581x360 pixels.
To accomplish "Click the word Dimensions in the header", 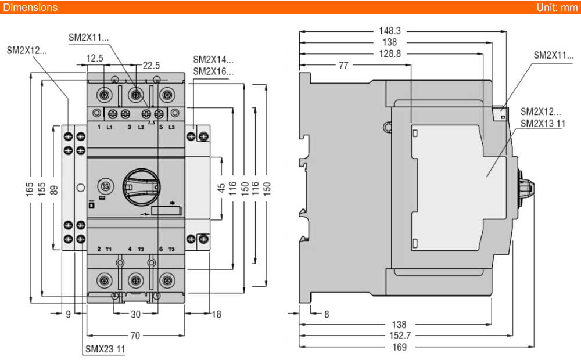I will (x=30, y=8).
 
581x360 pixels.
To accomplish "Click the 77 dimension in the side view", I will (x=343, y=66).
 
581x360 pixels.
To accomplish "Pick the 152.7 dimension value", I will (x=399, y=336).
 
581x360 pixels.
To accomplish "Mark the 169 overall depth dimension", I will (x=399, y=347).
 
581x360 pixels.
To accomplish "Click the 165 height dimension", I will (x=30, y=189).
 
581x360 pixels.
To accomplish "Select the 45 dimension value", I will (x=221, y=189).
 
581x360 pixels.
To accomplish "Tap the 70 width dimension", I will (x=135, y=335).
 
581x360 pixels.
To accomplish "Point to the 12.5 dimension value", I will (x=95, y=57).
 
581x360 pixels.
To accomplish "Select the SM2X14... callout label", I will (x=213, y=59).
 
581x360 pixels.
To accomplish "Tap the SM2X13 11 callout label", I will (x=543, y=123).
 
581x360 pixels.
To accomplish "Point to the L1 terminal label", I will (x=110, y=127).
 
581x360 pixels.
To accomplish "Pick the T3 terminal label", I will (x=171, y=249).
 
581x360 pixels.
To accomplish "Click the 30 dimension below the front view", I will (x=135, y=314).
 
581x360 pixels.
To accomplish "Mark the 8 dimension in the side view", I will (x=327, y=314).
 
